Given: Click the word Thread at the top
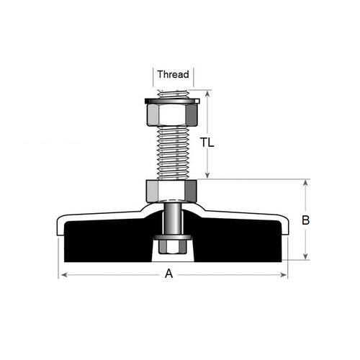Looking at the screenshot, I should (x=173, y=74).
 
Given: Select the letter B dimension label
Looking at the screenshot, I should (x=305, y=221).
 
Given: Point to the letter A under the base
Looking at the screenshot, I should (x=169, y=274).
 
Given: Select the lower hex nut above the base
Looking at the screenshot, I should (x=171, y=191).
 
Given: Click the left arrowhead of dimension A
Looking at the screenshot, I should (x=61, y=274).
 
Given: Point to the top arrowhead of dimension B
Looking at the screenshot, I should (x=306, y=183).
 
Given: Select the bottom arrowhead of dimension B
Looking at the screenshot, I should (x=306, y=256).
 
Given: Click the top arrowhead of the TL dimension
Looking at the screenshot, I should (x=208, y=93).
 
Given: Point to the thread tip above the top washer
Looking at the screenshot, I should (x=173, y=93).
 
